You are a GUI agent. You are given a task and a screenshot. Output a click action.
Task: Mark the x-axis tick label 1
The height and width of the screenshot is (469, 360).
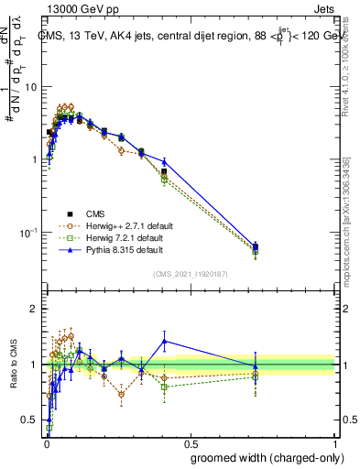pyautogui.click(x=335, y=442)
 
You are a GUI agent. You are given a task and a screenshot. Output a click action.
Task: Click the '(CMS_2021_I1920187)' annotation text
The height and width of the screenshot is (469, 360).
pyautogui.click(x=190, y=274)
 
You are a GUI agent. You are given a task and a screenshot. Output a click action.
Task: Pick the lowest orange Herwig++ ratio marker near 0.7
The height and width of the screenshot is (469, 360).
pyautogui.click(x=121, y=395)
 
